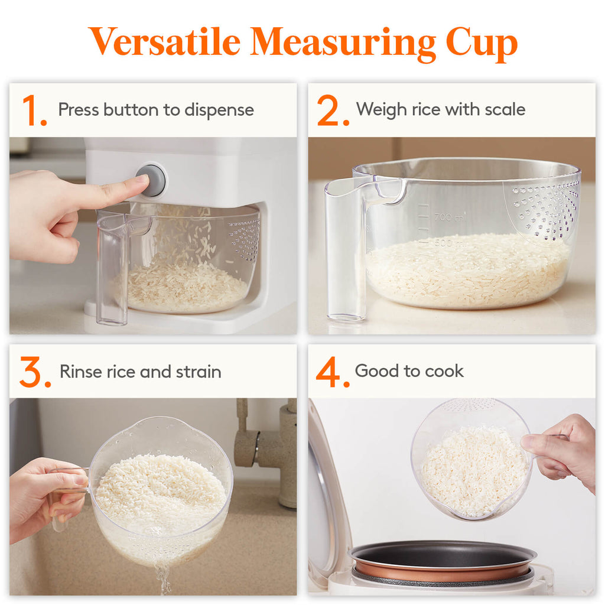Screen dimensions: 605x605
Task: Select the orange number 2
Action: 332,111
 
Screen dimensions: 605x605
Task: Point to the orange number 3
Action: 34,373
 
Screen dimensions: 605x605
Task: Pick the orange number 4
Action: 332,373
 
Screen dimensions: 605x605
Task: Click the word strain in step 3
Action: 199,372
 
